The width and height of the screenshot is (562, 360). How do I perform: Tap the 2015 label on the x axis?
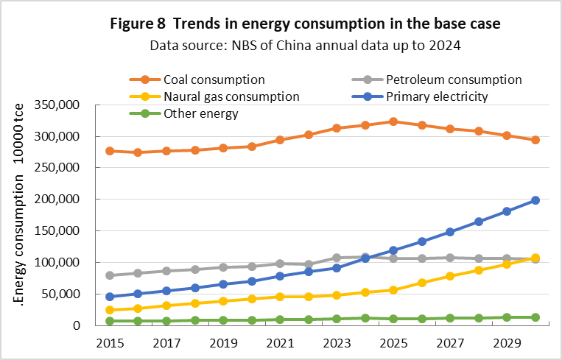pyautogui.click(x=110, y=342)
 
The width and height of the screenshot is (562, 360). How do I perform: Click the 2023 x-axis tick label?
pyautogui.click(x=337, y=342)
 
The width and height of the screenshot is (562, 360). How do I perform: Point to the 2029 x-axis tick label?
pyautogui.click(x=507, y=342)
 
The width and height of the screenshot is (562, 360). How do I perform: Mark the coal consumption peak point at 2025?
pyautogui.click(x=393, y=121)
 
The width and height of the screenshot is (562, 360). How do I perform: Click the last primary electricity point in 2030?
pyautogui.click(x=535, y=200)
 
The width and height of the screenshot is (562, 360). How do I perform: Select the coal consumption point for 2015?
pyautogui.click(x=110, y=151)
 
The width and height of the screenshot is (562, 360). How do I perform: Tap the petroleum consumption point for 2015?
pyautogui.click(x=110, y=275)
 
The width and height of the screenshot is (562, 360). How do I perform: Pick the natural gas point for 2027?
pyautogui.click(x=450, y=276)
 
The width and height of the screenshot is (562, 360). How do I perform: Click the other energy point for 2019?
pyautogui.click(x=223, y=320)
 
